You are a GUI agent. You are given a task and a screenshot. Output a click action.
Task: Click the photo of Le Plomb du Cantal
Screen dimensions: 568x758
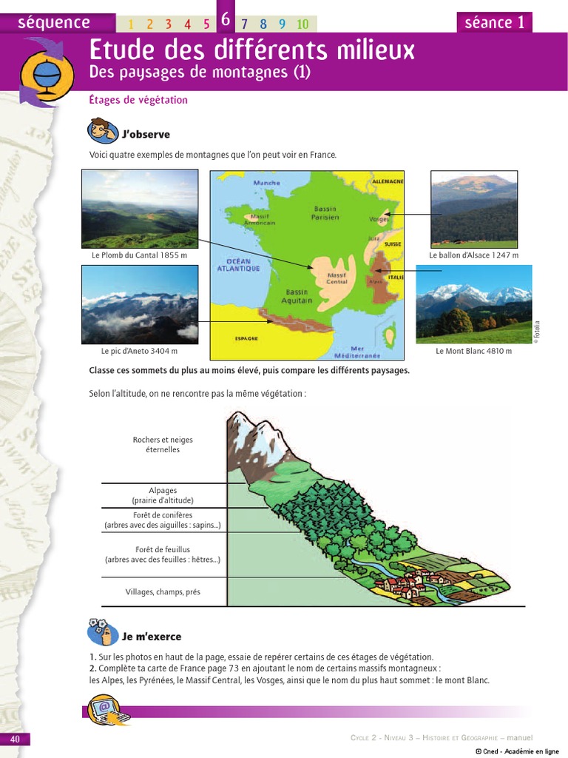coord(140,209)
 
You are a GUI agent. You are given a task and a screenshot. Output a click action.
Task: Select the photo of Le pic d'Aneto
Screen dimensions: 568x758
coord(140,303)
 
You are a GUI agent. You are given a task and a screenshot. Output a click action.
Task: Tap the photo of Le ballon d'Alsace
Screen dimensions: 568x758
coord(474,209)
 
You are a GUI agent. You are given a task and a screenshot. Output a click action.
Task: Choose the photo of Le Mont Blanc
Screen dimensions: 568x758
coord(474,303)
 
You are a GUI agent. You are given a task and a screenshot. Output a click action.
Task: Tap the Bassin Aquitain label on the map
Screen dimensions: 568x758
coord(298,297)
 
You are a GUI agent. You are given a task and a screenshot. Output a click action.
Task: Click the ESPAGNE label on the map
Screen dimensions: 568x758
coord(246,338)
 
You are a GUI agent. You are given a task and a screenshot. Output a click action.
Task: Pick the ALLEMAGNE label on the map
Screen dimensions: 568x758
coord(387,181)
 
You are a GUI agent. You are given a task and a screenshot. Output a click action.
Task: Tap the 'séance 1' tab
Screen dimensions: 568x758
coord(494,22)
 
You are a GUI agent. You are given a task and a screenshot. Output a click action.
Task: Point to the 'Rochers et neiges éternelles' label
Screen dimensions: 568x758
coord(163,444)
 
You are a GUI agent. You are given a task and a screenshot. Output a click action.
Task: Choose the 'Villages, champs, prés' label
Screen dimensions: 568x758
coord(163,592)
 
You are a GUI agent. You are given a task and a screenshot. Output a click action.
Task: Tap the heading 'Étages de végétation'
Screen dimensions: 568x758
coord(138,100)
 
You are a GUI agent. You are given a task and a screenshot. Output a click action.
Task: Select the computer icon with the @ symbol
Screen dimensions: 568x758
coord(108,708)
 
